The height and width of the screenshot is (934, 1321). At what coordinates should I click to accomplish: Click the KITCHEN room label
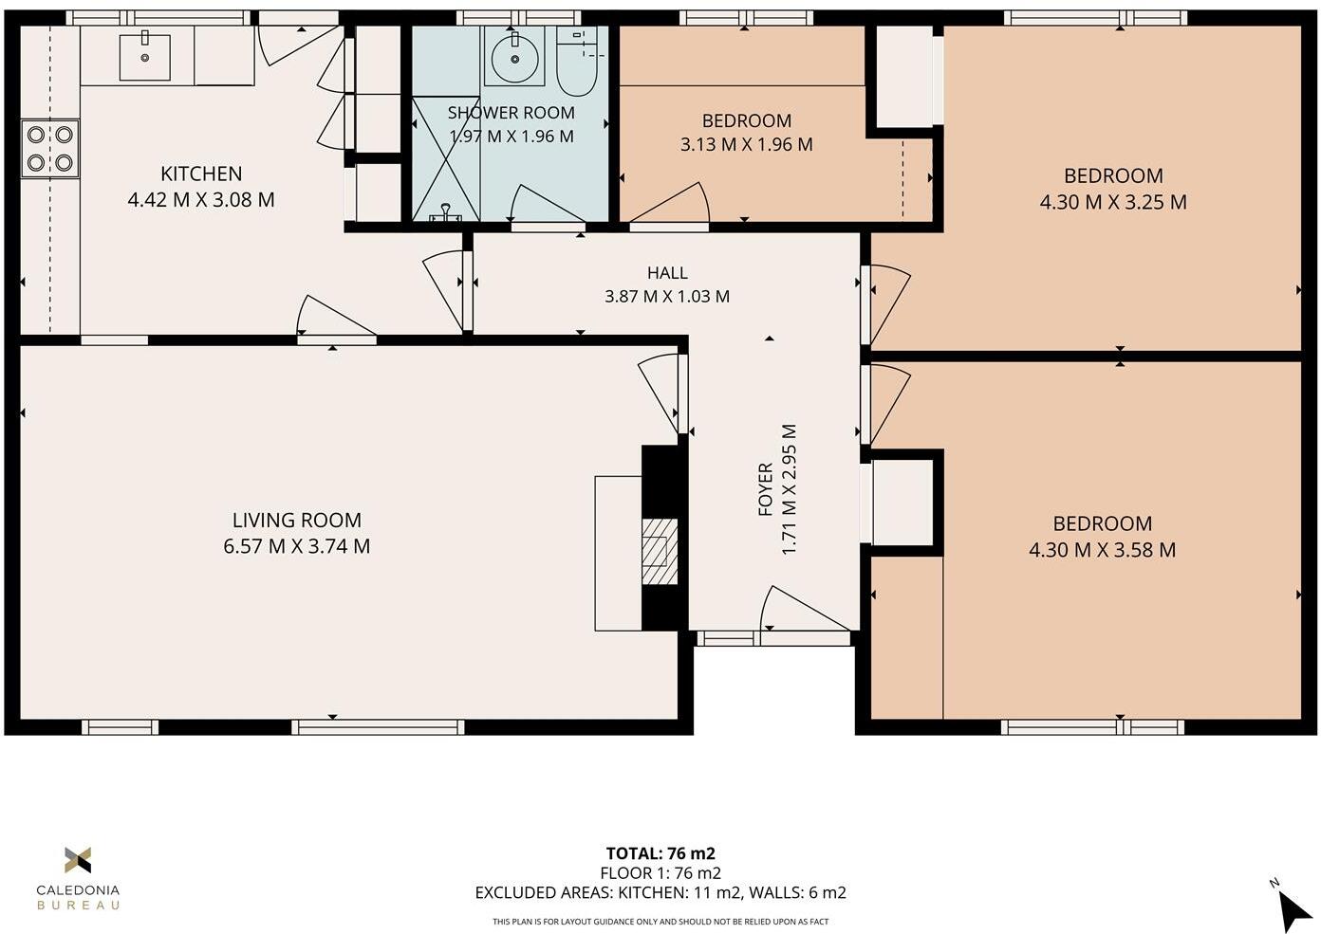[x=201, y=174]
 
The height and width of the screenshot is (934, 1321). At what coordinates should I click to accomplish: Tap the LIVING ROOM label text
[x=297, y=520]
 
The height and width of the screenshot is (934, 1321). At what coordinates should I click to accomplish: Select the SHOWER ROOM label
[x=512, y=113]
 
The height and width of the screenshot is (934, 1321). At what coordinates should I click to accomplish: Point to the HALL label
[x=667, y=273]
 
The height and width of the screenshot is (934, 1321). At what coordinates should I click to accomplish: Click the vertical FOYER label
[x=766, y=489]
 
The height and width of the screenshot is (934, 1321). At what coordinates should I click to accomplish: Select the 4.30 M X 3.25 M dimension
[x=1113, y=202]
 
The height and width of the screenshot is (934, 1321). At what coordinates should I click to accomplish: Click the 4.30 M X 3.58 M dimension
[x=1102, y=550]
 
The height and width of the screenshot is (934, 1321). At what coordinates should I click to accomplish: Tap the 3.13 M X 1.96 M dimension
[x=746, y=145]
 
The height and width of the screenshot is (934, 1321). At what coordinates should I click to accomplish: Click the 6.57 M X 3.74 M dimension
[x=297, y=546]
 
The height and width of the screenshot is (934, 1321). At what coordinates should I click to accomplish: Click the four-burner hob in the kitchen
[x=50, y=149]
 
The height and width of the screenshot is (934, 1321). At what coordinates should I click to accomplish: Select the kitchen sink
[x=145, y=58]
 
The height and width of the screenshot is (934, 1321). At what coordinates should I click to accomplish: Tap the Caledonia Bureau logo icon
[x=78, y=860]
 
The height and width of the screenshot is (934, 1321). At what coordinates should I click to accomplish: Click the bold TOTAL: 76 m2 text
[x=660, y=853]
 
